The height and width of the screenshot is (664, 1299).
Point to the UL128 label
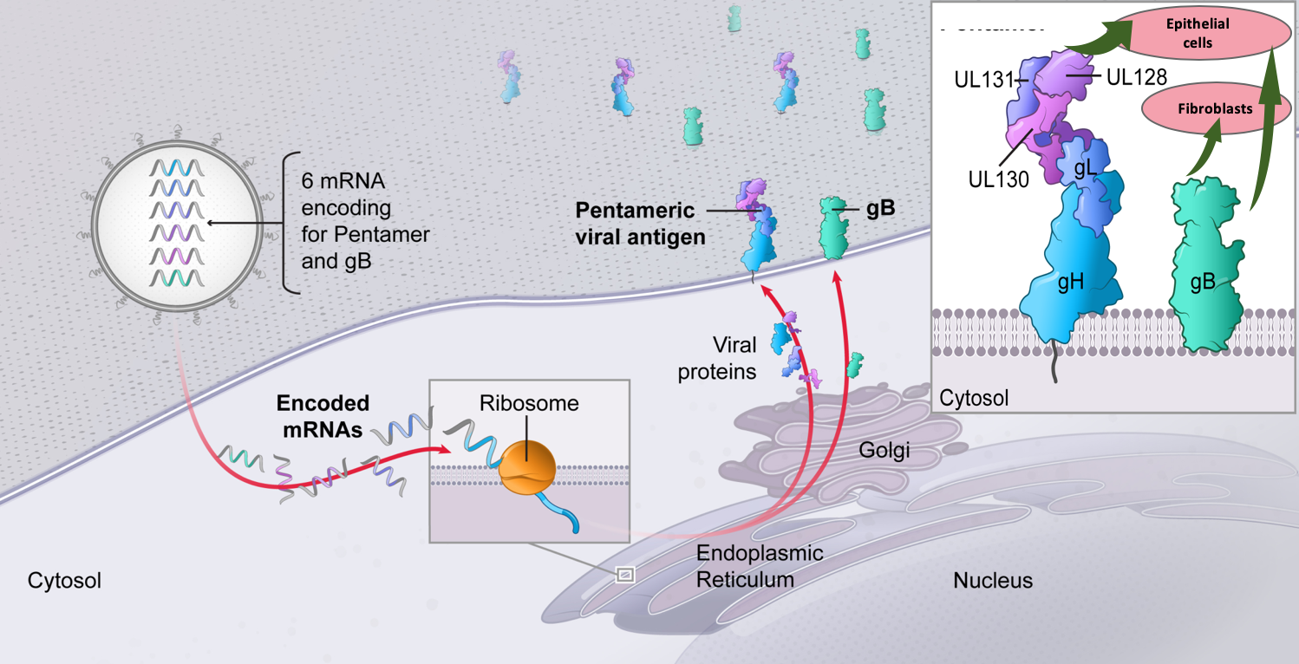[x=1137, y=77]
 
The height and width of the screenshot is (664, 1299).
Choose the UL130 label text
[x=1000, y=179]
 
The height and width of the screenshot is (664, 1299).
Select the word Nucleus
[x=993, y=580]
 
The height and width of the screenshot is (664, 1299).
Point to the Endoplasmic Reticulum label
[x=759, y=566]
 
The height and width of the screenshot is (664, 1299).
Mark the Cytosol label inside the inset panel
[x=975, y=398]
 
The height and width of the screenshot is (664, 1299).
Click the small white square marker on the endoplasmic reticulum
[x=624, y=573]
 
